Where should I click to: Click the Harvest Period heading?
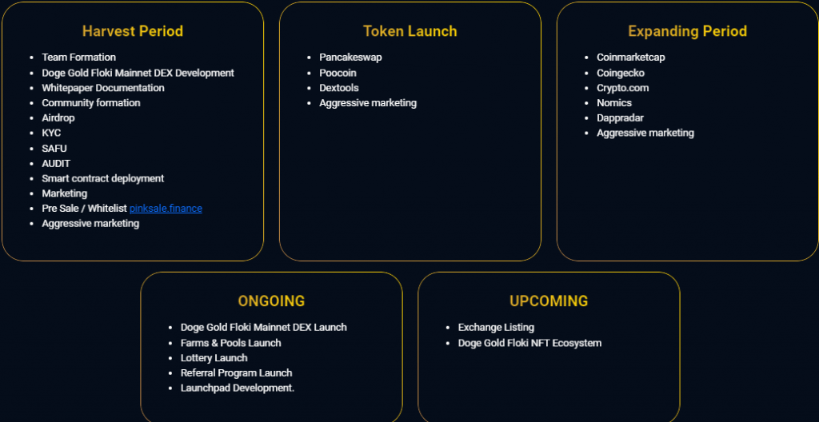(x=133, y=31)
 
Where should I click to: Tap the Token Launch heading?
(x=410, y=31)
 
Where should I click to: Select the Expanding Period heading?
(x=687, y=31)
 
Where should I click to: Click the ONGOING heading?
(x=272, y=301)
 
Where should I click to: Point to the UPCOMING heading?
(x=549, y=301)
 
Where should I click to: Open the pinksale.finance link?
(x=166, y=209)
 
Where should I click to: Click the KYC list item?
(x=51, y=133)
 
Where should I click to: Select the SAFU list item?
(x=54, y=149)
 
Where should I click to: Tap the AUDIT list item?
(x=56, y=164)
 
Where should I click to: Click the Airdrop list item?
(x=58, y=118)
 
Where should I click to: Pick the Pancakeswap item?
(x=350, y=58)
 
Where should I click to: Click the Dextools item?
(x=339, y=88)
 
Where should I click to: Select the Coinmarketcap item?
(x=631, y=58)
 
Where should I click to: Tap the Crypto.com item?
(x=622, y=88)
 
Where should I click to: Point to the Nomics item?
(x=614, y=103)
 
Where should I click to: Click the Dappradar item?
(x=620, y=118)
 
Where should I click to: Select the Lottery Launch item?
(x=214, y=358)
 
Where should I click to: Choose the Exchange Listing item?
(x=496, y=328)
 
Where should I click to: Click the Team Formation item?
(x=79, y=58)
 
